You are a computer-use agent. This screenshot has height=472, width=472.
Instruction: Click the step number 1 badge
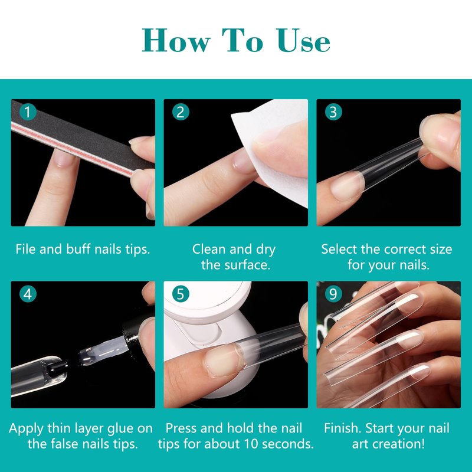[x=28, y=112]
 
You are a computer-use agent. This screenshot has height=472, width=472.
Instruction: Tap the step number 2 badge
[x=181, y=112]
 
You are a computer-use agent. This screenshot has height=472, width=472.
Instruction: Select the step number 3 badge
[x=333, y=112]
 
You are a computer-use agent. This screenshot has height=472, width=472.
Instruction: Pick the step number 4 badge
[x=28, y=294]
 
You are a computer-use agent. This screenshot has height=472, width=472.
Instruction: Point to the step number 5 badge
[x=181, y=294]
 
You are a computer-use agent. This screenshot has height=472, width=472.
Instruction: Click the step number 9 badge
[x=333, y=294]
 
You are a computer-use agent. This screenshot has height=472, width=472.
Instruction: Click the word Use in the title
[x=303, y=41]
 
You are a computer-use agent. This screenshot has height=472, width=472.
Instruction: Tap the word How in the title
[x=176, y=41]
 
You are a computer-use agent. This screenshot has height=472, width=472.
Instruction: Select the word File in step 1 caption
[x=26, y=249]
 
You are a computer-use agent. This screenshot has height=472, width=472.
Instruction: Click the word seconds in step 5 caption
[x=283, y=444]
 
